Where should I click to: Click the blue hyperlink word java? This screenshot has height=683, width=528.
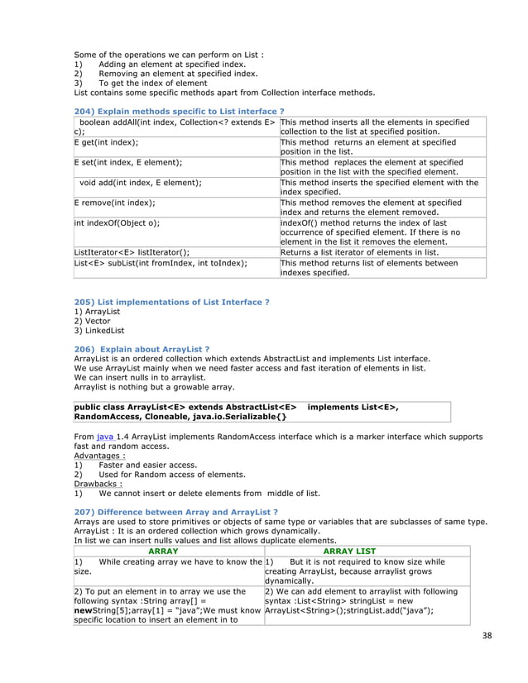click(x=105, y=433)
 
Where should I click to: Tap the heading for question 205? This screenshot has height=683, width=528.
click(x=171, y=303)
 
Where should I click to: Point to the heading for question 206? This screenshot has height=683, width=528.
click(x=142, y=349)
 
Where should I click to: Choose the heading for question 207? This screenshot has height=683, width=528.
click(x=175, y=513)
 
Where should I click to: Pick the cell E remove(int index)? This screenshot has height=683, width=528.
click(x=114, y=202)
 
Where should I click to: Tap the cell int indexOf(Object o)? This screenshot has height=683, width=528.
click(x=117, y=222)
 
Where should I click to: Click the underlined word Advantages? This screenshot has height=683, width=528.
click(x=99, y=455)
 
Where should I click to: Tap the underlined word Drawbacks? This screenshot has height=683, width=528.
click(x=97, y=484)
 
